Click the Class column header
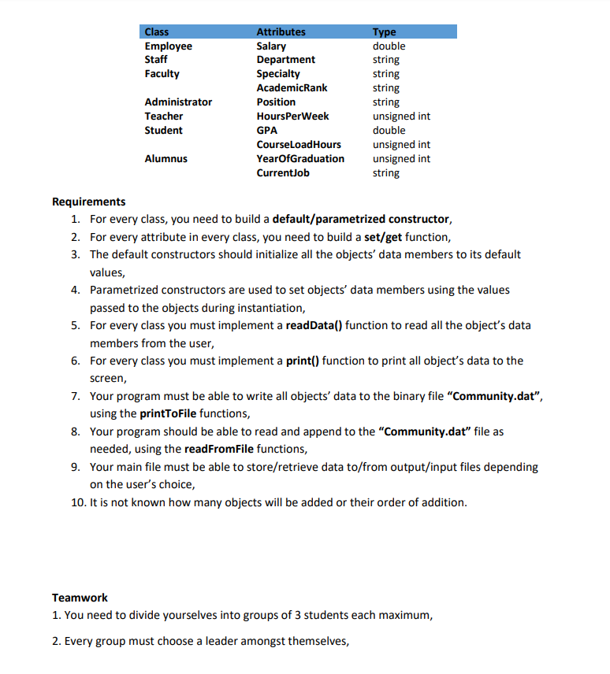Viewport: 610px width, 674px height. (157, 32)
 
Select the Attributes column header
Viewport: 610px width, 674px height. (281, 32)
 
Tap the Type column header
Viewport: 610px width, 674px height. (384, 32)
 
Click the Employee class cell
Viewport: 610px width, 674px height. (168, 46)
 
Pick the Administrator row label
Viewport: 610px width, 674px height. (178, 102)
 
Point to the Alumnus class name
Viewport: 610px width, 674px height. (166, 159)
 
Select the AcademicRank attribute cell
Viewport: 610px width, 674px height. (292, 88)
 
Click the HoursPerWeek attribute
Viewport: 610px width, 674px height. (292, 117)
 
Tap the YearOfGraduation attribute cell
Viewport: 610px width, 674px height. (300, 159)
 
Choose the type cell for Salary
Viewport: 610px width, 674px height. (389, 46)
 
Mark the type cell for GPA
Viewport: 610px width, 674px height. (389, 131)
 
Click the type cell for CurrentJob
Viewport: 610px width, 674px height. (385, 173)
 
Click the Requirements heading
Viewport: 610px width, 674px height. (88, 202)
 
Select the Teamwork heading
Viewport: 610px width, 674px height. (80, 598)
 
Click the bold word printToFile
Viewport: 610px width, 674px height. (168, 413)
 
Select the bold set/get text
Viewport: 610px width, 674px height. (383, 237)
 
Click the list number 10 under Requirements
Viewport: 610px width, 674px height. (78, 502)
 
